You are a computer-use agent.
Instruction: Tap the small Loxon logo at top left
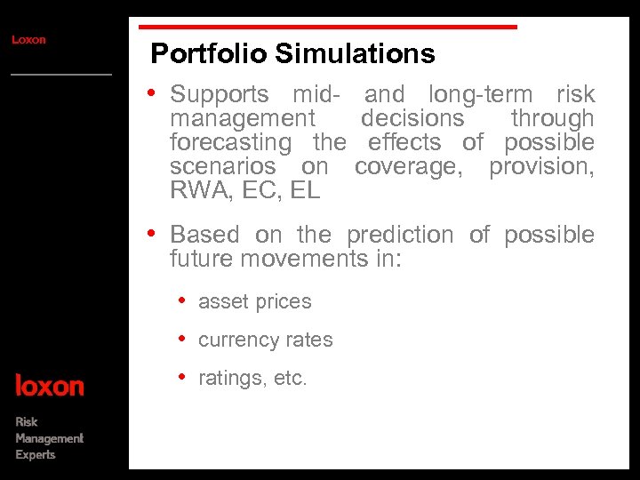click(x=28, y=40)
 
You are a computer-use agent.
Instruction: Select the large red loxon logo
click(x=50, y=386)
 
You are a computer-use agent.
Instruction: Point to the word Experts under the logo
click(x=36, y=455)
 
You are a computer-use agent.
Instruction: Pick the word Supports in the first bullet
click(x=219, y=95)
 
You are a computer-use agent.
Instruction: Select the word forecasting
click(x=230, y=142)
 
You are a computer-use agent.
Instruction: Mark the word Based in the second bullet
click(x=204, y=235)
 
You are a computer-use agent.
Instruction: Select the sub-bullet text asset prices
click(x=255, y=302)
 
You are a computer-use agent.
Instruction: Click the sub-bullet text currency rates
click(x=266, y=340)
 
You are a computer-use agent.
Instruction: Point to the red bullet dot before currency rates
click(x=182, y=340)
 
